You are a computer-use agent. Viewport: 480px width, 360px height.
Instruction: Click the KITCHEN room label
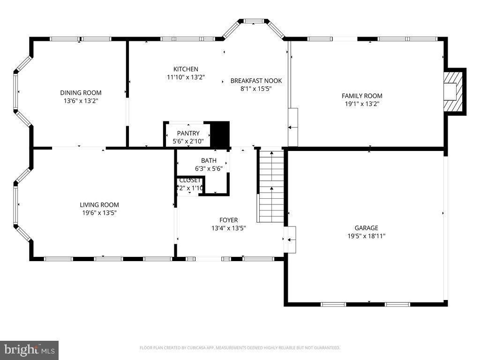[186, 69]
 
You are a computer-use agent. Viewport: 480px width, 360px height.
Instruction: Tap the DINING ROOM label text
[81, 92]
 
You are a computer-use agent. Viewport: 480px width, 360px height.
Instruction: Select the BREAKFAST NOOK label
[256, 81]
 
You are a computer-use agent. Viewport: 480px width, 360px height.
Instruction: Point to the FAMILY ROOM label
[362, 96]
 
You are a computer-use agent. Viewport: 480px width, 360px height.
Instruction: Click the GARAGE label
[366, 228]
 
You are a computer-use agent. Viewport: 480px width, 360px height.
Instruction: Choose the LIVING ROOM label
[99, 204]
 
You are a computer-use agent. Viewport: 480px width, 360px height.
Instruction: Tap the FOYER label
[229, 220]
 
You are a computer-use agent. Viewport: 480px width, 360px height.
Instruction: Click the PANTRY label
[188, 133]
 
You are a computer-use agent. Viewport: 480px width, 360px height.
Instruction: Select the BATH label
[209, 160]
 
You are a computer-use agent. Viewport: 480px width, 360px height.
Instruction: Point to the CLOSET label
[190, 180]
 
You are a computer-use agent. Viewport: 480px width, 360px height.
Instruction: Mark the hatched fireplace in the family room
[454, 91]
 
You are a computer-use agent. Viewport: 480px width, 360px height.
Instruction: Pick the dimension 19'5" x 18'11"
[366, 236]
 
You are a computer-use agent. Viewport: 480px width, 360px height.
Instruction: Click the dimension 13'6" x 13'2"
[81, 100]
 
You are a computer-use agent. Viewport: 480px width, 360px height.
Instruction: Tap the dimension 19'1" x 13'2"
[362, 104]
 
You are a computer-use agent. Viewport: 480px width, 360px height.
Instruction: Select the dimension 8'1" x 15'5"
[256, 89]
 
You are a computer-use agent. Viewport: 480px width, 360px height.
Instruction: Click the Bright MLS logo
[29, 350]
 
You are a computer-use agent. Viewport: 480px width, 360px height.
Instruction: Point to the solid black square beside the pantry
[219, 134]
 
